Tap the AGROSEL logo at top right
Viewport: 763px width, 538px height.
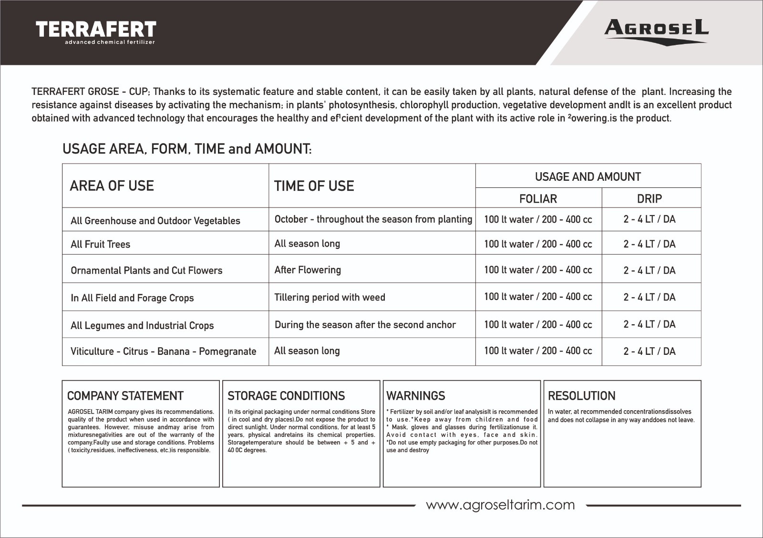[656, 31]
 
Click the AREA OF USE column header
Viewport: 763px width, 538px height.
[112, 186]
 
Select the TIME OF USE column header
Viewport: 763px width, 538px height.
[314, 186]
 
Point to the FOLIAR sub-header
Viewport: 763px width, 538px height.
[538, 198]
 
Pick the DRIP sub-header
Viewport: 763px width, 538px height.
[650, 198]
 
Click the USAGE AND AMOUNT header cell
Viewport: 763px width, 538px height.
[588, 177]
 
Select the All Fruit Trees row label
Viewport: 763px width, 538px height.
[100, 244]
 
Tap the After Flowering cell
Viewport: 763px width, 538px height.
[308, 270]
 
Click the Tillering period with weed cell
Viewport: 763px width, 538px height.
[330, 297]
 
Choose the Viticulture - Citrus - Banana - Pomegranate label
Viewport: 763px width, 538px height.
[163, 352]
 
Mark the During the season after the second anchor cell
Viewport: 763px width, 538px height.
[365, 325]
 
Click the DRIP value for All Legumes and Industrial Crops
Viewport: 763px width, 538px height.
[650, 324]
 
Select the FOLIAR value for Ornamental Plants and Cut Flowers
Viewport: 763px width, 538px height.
[538, 270]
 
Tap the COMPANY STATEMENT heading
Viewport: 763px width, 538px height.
[125, 396]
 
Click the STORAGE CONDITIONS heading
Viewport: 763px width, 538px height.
[286, 396]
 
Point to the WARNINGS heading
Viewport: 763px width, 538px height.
[416, 396]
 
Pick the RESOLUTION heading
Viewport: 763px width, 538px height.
[581, 396]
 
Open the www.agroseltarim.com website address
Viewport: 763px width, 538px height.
[500, 505]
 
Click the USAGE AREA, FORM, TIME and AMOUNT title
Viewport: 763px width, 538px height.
[187, 149]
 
